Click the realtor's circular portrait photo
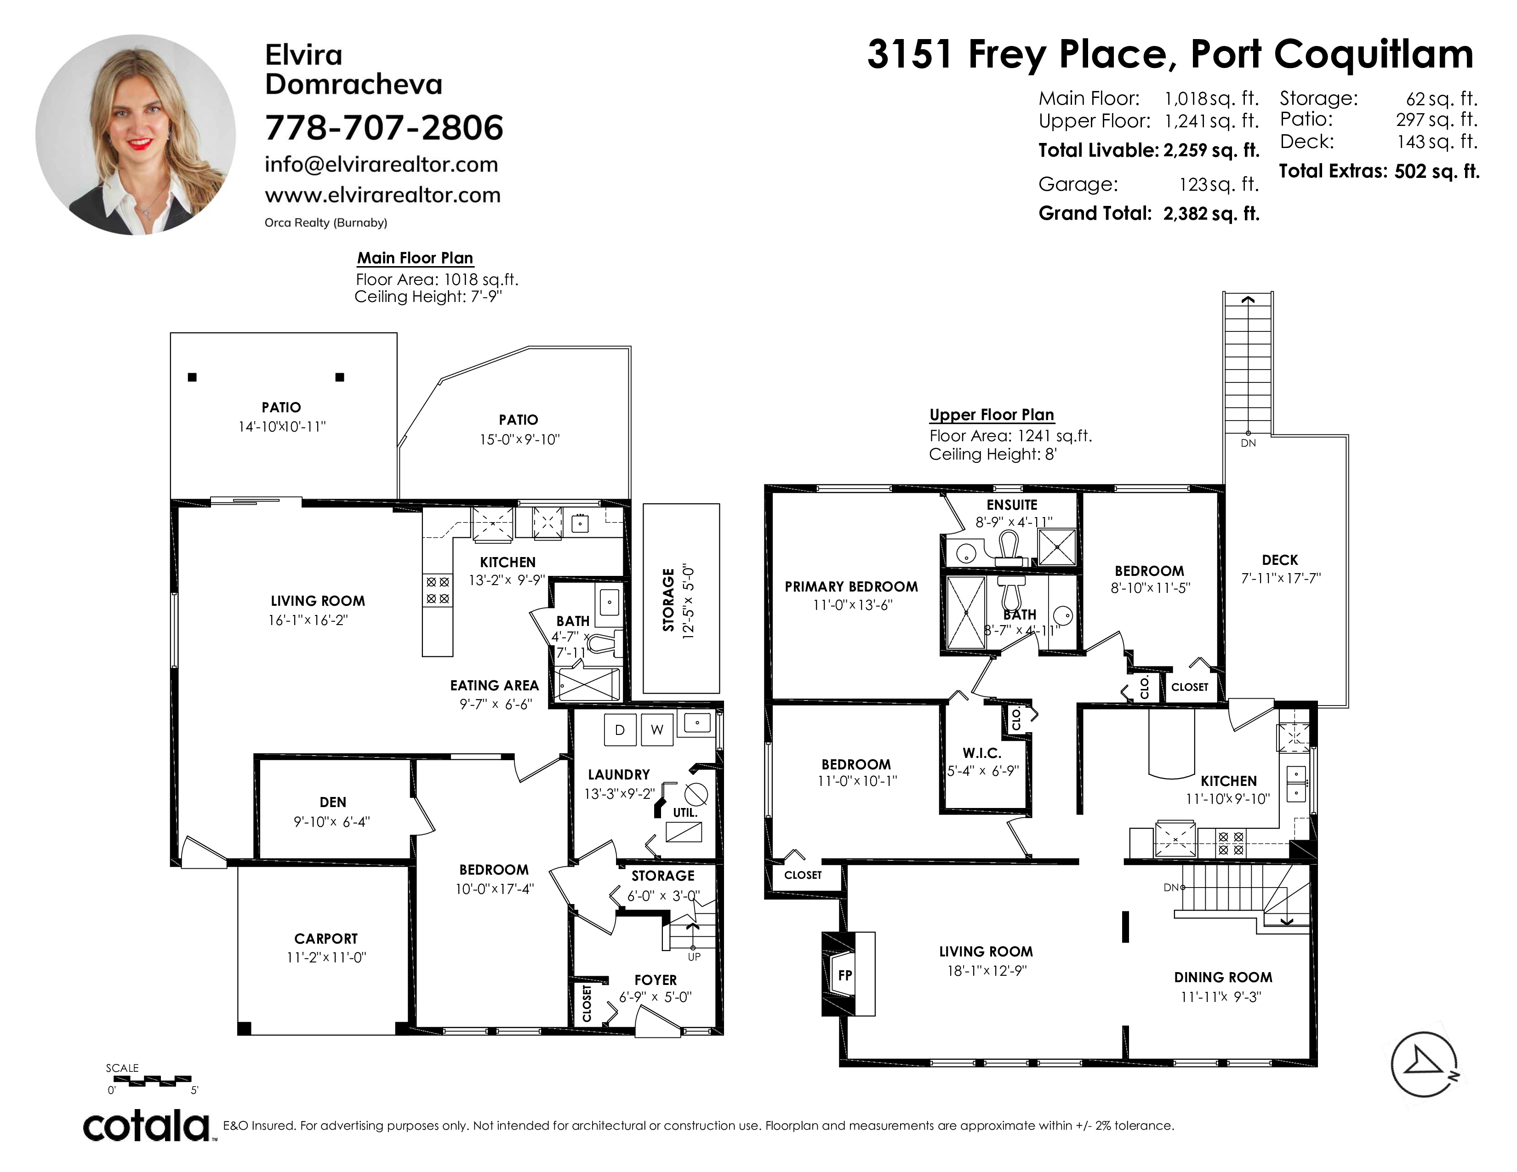[136, 135]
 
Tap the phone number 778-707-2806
[384, 128]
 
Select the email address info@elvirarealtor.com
[382, 165]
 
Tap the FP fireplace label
[844, 975]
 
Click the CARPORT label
[326, 939]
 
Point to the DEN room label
[333, 802]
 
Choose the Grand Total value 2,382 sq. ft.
[1211, 213]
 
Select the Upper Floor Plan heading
[992, 415]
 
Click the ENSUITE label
[1012, 505]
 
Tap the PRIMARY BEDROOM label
[851, 587]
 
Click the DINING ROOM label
[1223, 978]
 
